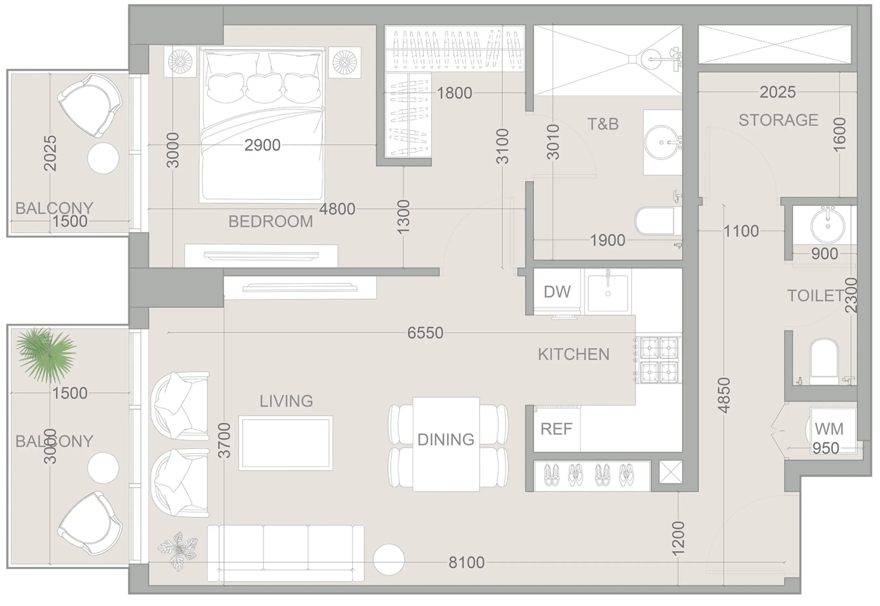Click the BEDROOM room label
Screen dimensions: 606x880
270,221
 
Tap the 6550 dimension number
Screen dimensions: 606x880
425,333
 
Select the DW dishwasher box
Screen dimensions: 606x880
557,292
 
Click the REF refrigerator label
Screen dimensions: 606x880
556,429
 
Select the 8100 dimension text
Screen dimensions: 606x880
466,562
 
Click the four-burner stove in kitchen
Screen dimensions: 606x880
659,360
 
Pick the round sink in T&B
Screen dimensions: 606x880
662,142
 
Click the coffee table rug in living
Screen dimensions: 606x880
286,443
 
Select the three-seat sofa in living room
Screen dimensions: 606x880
286,553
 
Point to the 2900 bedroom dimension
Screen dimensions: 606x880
262,145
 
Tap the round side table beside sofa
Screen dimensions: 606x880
389,559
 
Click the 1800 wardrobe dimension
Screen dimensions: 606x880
454,93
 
